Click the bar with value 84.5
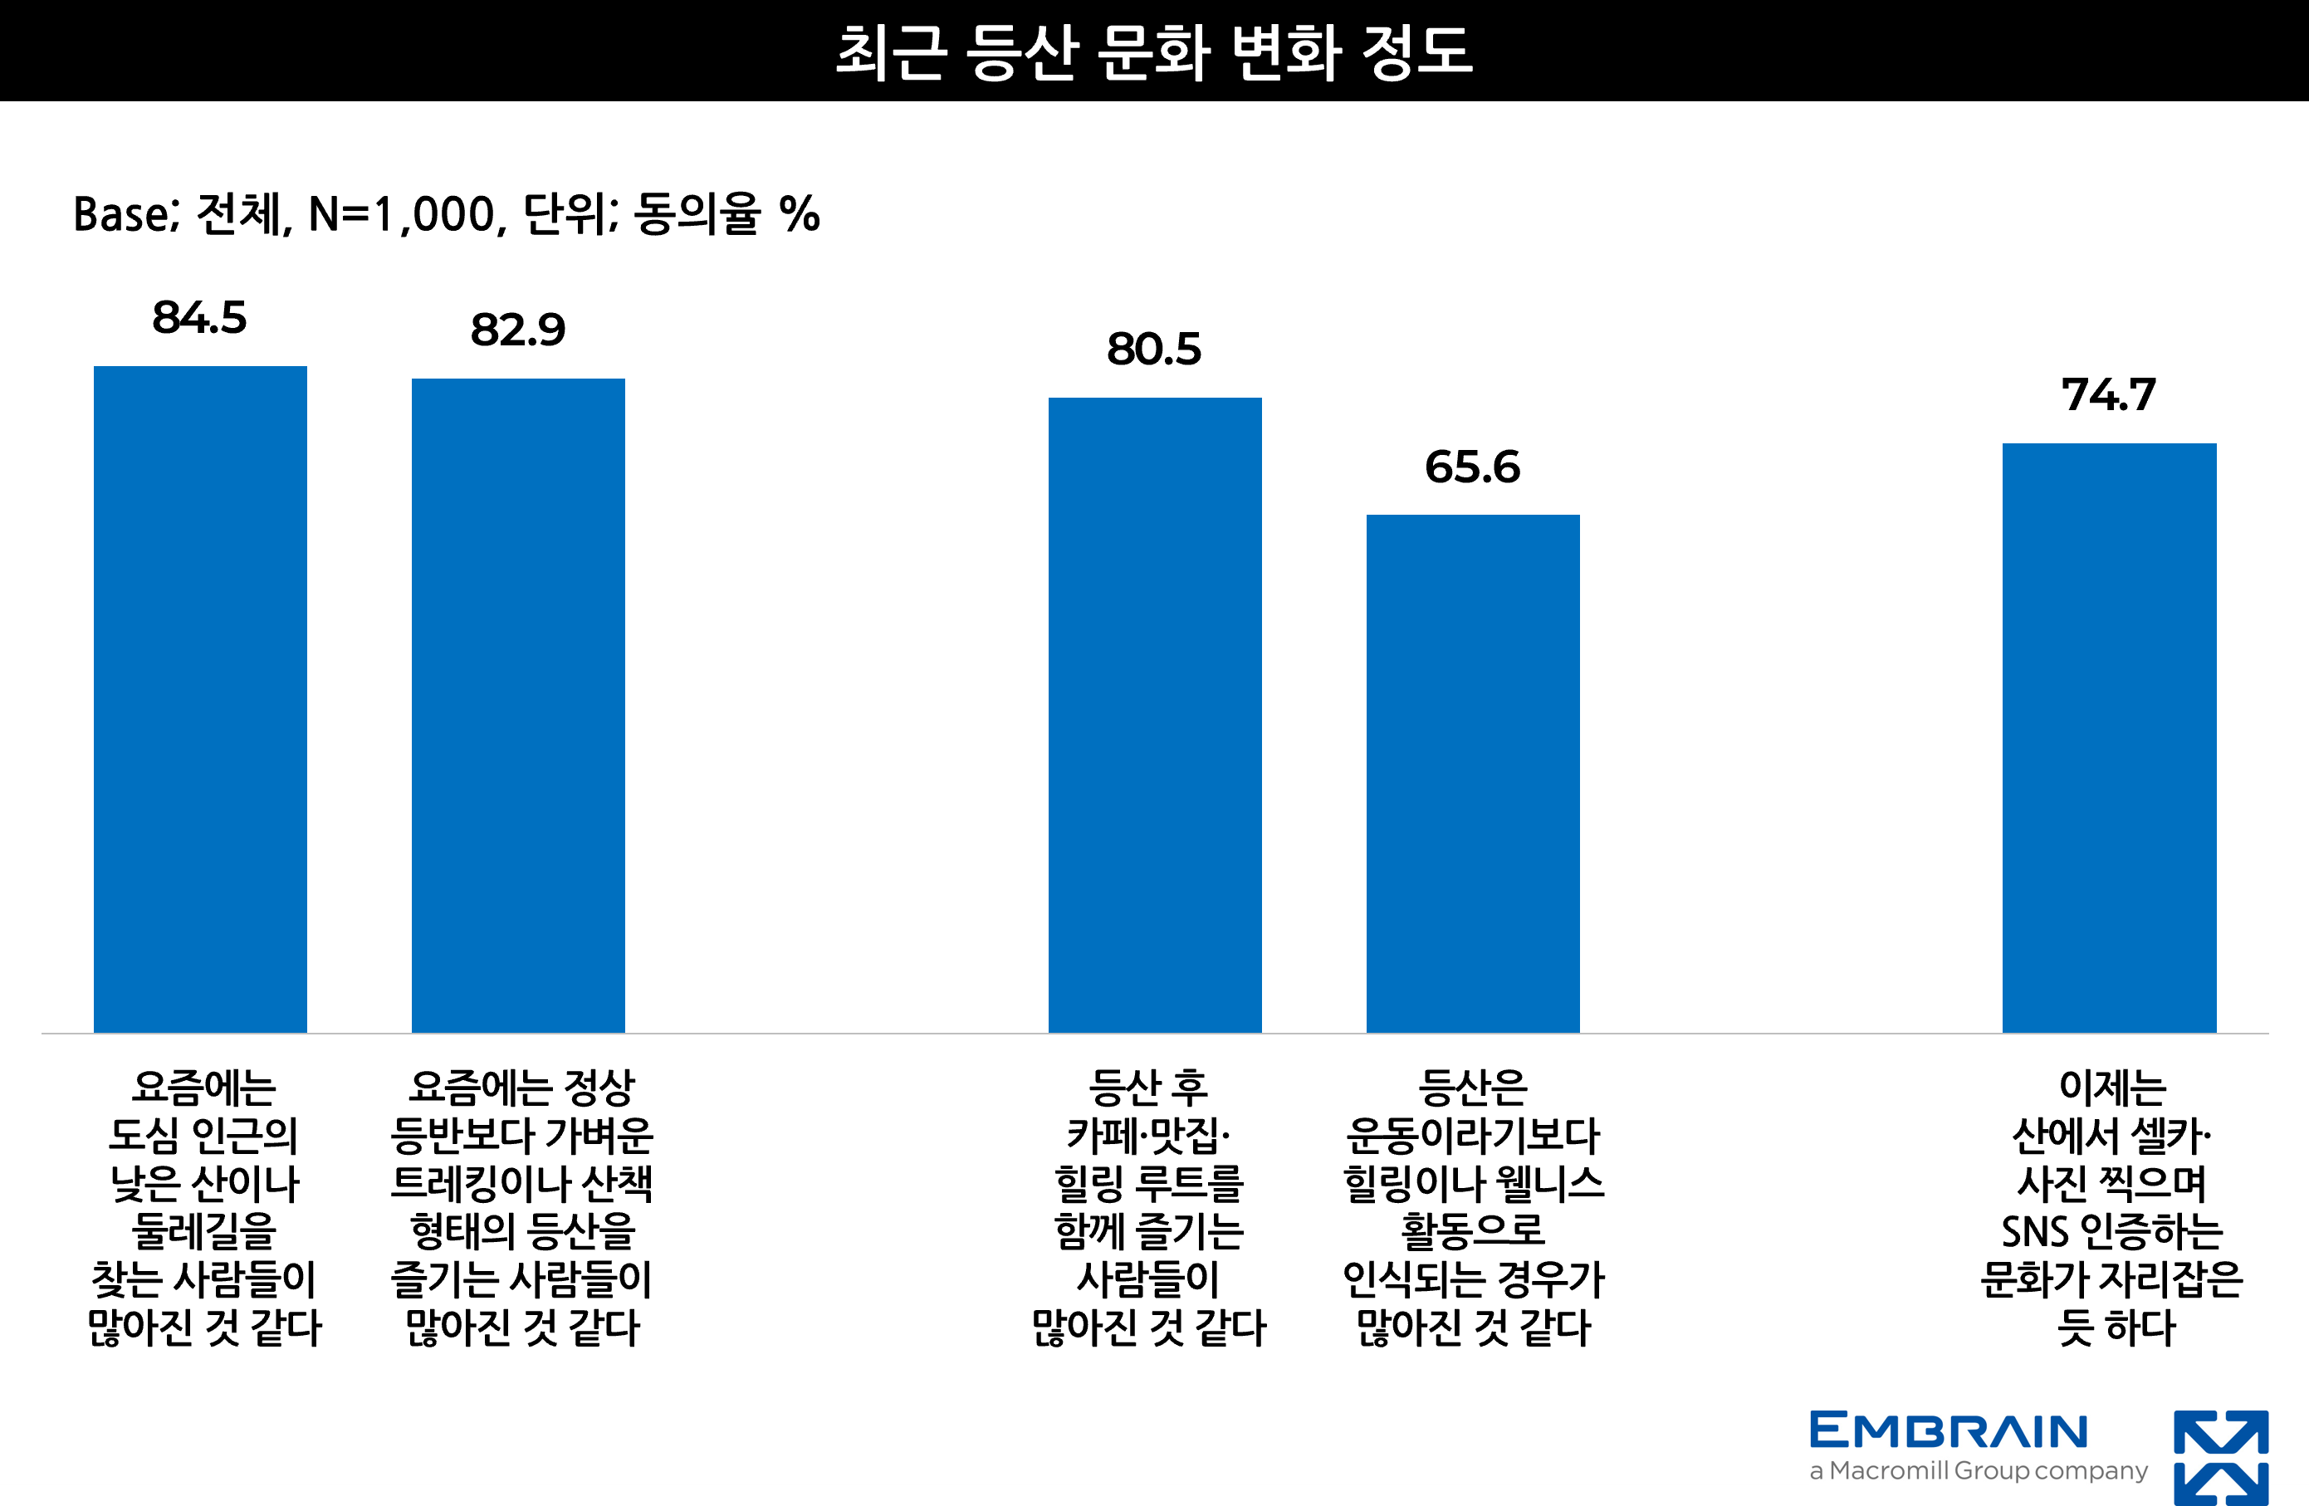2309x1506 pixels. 200,699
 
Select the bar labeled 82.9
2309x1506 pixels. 518,706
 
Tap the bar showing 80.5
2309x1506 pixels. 1154,715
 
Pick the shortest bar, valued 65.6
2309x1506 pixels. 1473,774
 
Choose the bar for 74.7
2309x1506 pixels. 2109,737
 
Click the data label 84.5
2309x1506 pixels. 200,317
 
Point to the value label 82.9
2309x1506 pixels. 518,330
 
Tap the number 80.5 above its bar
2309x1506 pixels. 1154,350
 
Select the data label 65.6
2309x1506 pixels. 1473,467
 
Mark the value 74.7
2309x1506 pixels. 2109,395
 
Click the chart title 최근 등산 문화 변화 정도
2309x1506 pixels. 1154,51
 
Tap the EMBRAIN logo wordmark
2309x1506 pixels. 1949,1432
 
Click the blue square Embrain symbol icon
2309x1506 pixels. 2221,1459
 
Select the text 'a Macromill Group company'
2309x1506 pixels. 1979,1471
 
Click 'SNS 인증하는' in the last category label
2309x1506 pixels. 2112,1231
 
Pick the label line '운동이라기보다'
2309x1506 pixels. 1473,1136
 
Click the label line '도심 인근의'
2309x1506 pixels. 203,1136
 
